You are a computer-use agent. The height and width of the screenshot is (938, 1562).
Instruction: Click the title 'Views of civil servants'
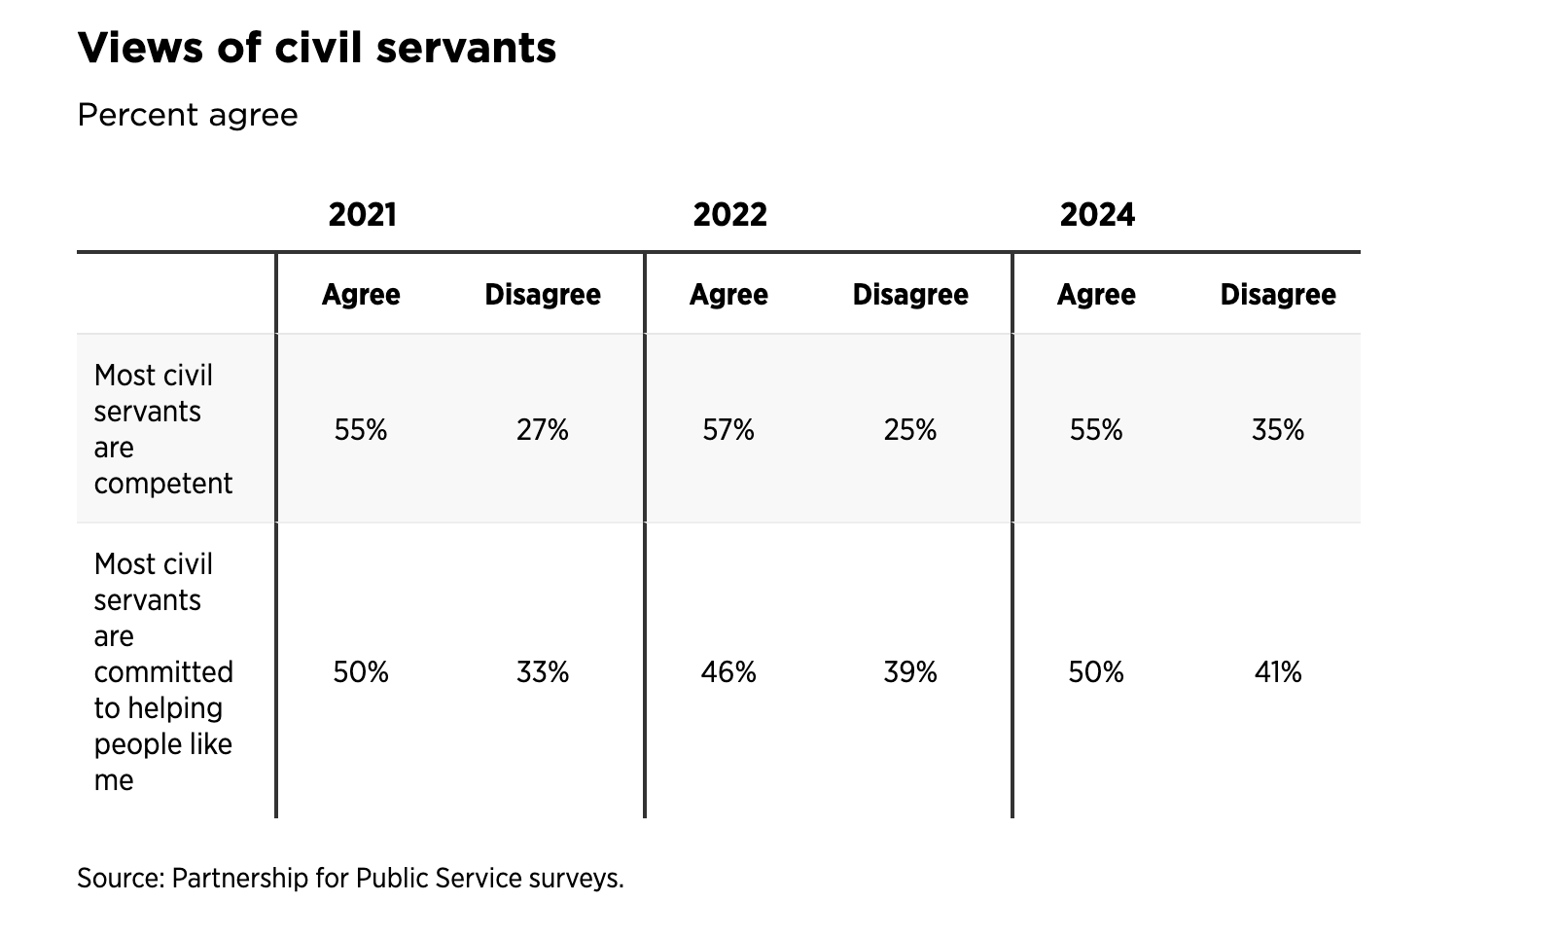(317, 48)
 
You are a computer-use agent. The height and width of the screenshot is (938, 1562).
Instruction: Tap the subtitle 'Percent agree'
(188, 115)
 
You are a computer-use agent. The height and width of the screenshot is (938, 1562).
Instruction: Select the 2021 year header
(363, 214)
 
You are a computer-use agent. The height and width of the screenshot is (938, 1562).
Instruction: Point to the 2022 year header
(730, 214)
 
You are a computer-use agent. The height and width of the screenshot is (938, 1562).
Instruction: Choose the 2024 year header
(1098, 214)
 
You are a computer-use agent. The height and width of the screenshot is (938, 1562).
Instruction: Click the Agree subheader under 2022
(728, 295)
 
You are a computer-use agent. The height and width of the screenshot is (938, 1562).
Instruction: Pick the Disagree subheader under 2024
(1278, 294)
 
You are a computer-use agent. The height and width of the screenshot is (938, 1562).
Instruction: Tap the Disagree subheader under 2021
(543, 294)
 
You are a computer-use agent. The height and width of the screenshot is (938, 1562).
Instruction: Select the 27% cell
(543, 430)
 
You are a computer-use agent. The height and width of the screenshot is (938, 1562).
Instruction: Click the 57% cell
(728, 430)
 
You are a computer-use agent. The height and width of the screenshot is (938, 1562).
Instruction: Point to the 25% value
(910, 430)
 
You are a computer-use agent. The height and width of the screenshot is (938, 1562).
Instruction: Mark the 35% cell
(1278, 430)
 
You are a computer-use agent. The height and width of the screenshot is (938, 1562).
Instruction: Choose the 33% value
(543, 672)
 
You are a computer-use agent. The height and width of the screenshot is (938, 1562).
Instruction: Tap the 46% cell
(728, 672)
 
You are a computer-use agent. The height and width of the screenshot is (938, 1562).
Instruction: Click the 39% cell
(910, 672)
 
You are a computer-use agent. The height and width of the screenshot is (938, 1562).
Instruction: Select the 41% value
(1278, 672)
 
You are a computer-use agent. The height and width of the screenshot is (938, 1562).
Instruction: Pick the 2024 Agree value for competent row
(1096, 430)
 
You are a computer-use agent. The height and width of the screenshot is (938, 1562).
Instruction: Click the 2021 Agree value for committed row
(361, 672)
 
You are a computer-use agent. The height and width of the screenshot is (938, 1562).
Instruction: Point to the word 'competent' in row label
(163, 484)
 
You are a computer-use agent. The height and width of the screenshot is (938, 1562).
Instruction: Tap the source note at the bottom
(350, 878)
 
